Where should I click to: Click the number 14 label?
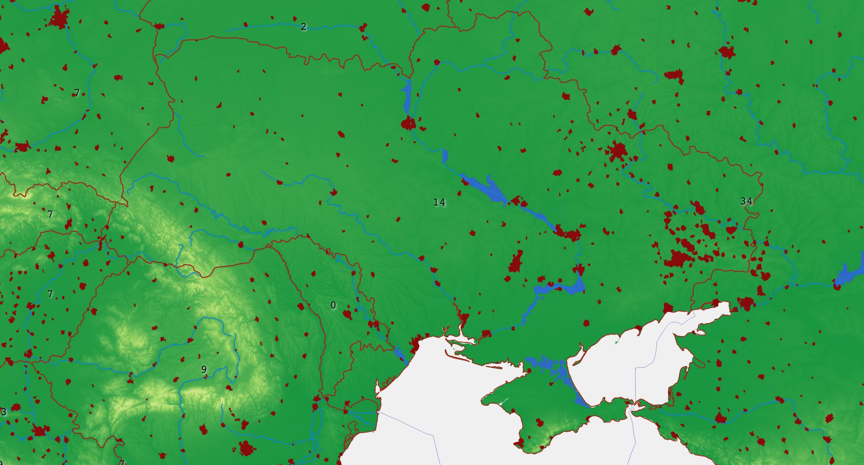pyautogui.click(x=439, y=202)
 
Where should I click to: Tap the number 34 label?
pyautogui.click(x=746, y=201)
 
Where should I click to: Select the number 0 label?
pyautogui.click(x=333, y=305)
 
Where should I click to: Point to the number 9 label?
pyautogui.click(x=204, y=369)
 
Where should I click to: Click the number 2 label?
pyautogui.click(x=303, y=27)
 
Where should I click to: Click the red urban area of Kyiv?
pyautogui.click(x=408, y=123)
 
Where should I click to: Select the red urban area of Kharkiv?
pyautogui.click(x=618, y=151)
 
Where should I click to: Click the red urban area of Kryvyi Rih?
pyautogui.click(x=516, y=263)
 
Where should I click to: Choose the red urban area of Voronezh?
pyautogui.click(x=726, y=51)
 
